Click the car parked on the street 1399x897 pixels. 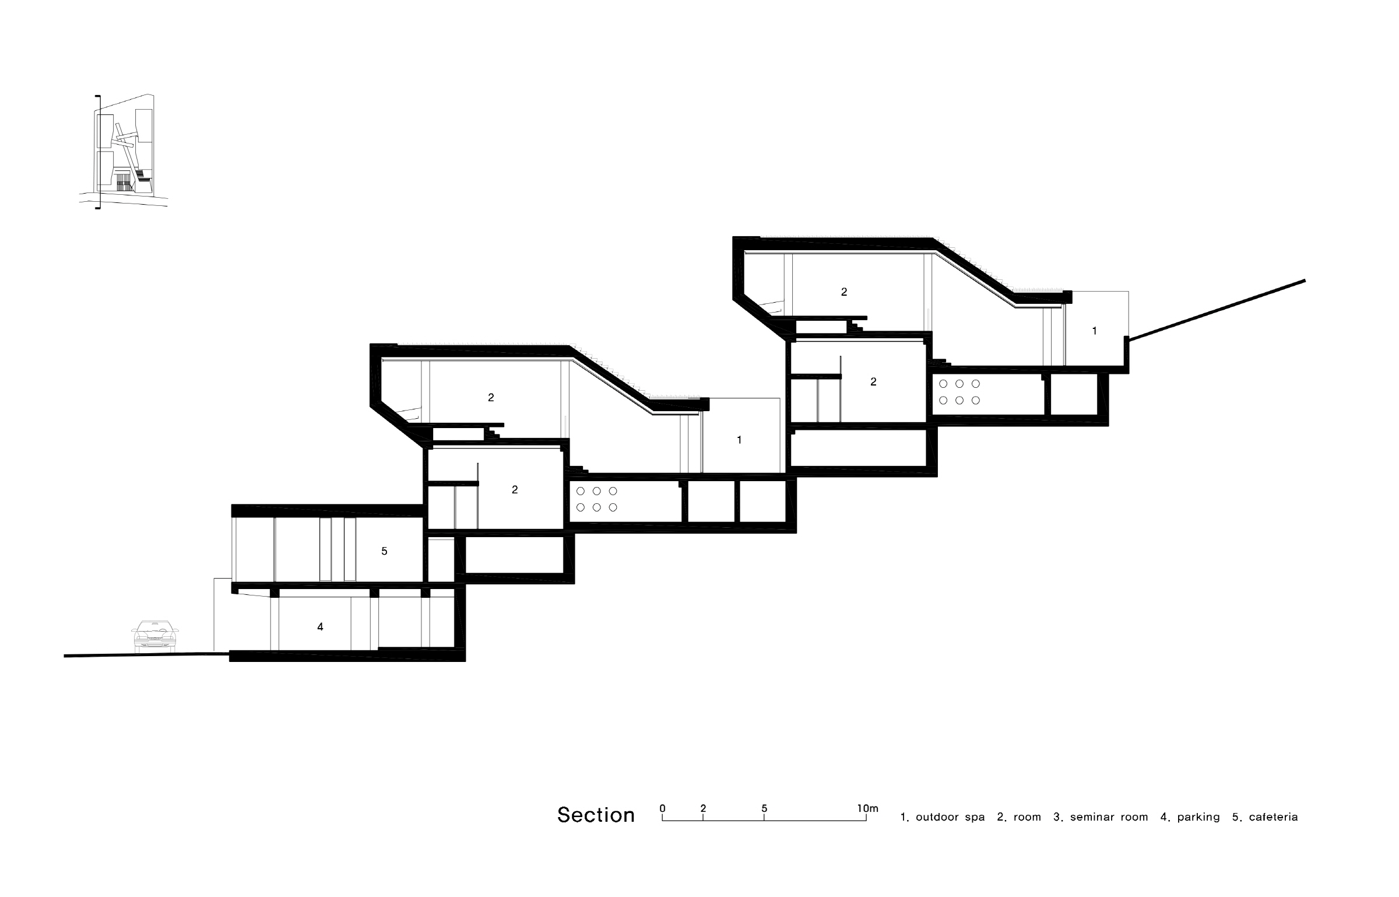click(155, 636)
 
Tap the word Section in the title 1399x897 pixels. click(596, 815)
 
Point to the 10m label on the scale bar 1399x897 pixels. click(867, 808)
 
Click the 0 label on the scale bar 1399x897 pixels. click(662, 808)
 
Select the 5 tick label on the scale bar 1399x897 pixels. click(764, 808)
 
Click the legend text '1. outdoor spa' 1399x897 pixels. click(943, 817)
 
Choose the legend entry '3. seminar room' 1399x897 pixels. click(1101, 817)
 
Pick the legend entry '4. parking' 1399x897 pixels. click(1190, 817)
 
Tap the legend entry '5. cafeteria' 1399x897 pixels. click(1265, 817)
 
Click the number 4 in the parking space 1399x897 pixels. click(320, 627)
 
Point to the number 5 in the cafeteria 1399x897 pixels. click(384, 551)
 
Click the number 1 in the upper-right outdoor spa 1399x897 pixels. click(1094, 331)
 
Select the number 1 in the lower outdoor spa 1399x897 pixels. click(739, 440)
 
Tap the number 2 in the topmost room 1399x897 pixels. click(844, 292)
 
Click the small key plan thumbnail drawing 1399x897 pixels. click(124, 151)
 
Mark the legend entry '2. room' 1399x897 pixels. click(1019, 817)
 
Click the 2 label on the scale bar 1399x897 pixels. click(703, 808)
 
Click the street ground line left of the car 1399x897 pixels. click(146, 654)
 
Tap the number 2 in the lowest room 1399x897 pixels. click(515, 490)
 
